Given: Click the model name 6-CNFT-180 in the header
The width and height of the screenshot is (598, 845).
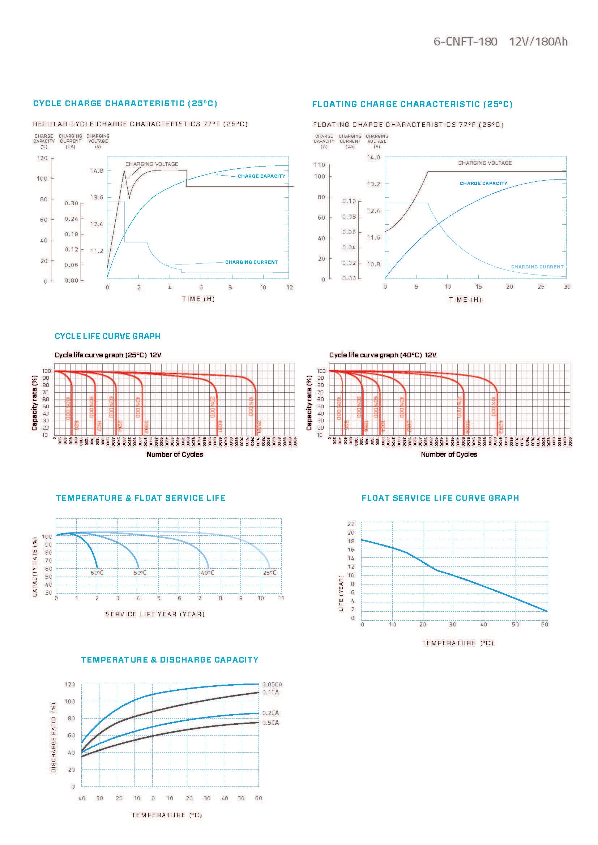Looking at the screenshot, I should (465, 42).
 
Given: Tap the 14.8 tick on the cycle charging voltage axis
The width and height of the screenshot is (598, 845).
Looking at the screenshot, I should (97, 171).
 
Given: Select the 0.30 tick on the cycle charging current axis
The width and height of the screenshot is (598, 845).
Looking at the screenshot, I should (71, 203).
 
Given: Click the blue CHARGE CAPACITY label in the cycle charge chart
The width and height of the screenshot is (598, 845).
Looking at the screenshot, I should (261, 176).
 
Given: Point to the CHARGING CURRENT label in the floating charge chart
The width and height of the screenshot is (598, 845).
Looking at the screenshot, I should (537, 267).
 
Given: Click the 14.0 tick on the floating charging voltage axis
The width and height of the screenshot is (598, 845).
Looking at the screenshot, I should (373, 158).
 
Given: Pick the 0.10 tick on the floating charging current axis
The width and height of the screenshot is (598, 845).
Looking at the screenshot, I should (349, 201).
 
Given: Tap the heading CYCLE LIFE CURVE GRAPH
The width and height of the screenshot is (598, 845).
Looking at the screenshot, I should (107, 336).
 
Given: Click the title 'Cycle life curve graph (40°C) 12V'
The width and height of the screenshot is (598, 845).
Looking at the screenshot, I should (383, 355).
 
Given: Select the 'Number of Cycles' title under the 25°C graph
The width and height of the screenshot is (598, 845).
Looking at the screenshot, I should (175, 454).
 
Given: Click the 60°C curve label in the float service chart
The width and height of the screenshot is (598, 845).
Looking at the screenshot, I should (97, 573).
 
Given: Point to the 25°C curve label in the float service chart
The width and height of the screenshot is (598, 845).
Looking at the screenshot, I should (270, 573).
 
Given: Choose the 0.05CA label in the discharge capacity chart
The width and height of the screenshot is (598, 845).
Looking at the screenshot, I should (272, 685).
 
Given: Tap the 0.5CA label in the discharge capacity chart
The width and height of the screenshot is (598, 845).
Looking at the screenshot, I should (271, 723).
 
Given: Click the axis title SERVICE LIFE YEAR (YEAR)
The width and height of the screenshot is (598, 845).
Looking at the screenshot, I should (155, 614).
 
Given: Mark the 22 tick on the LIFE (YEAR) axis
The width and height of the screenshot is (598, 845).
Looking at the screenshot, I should (351, 524).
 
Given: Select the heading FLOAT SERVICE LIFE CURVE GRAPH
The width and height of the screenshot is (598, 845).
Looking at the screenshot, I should (440, 498).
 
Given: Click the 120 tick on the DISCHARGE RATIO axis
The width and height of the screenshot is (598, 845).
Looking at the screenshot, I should (69, 685).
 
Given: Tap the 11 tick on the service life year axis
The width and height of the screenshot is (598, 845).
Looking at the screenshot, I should (281, 598).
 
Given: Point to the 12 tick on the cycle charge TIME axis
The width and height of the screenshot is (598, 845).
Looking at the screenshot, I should (290, 288).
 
